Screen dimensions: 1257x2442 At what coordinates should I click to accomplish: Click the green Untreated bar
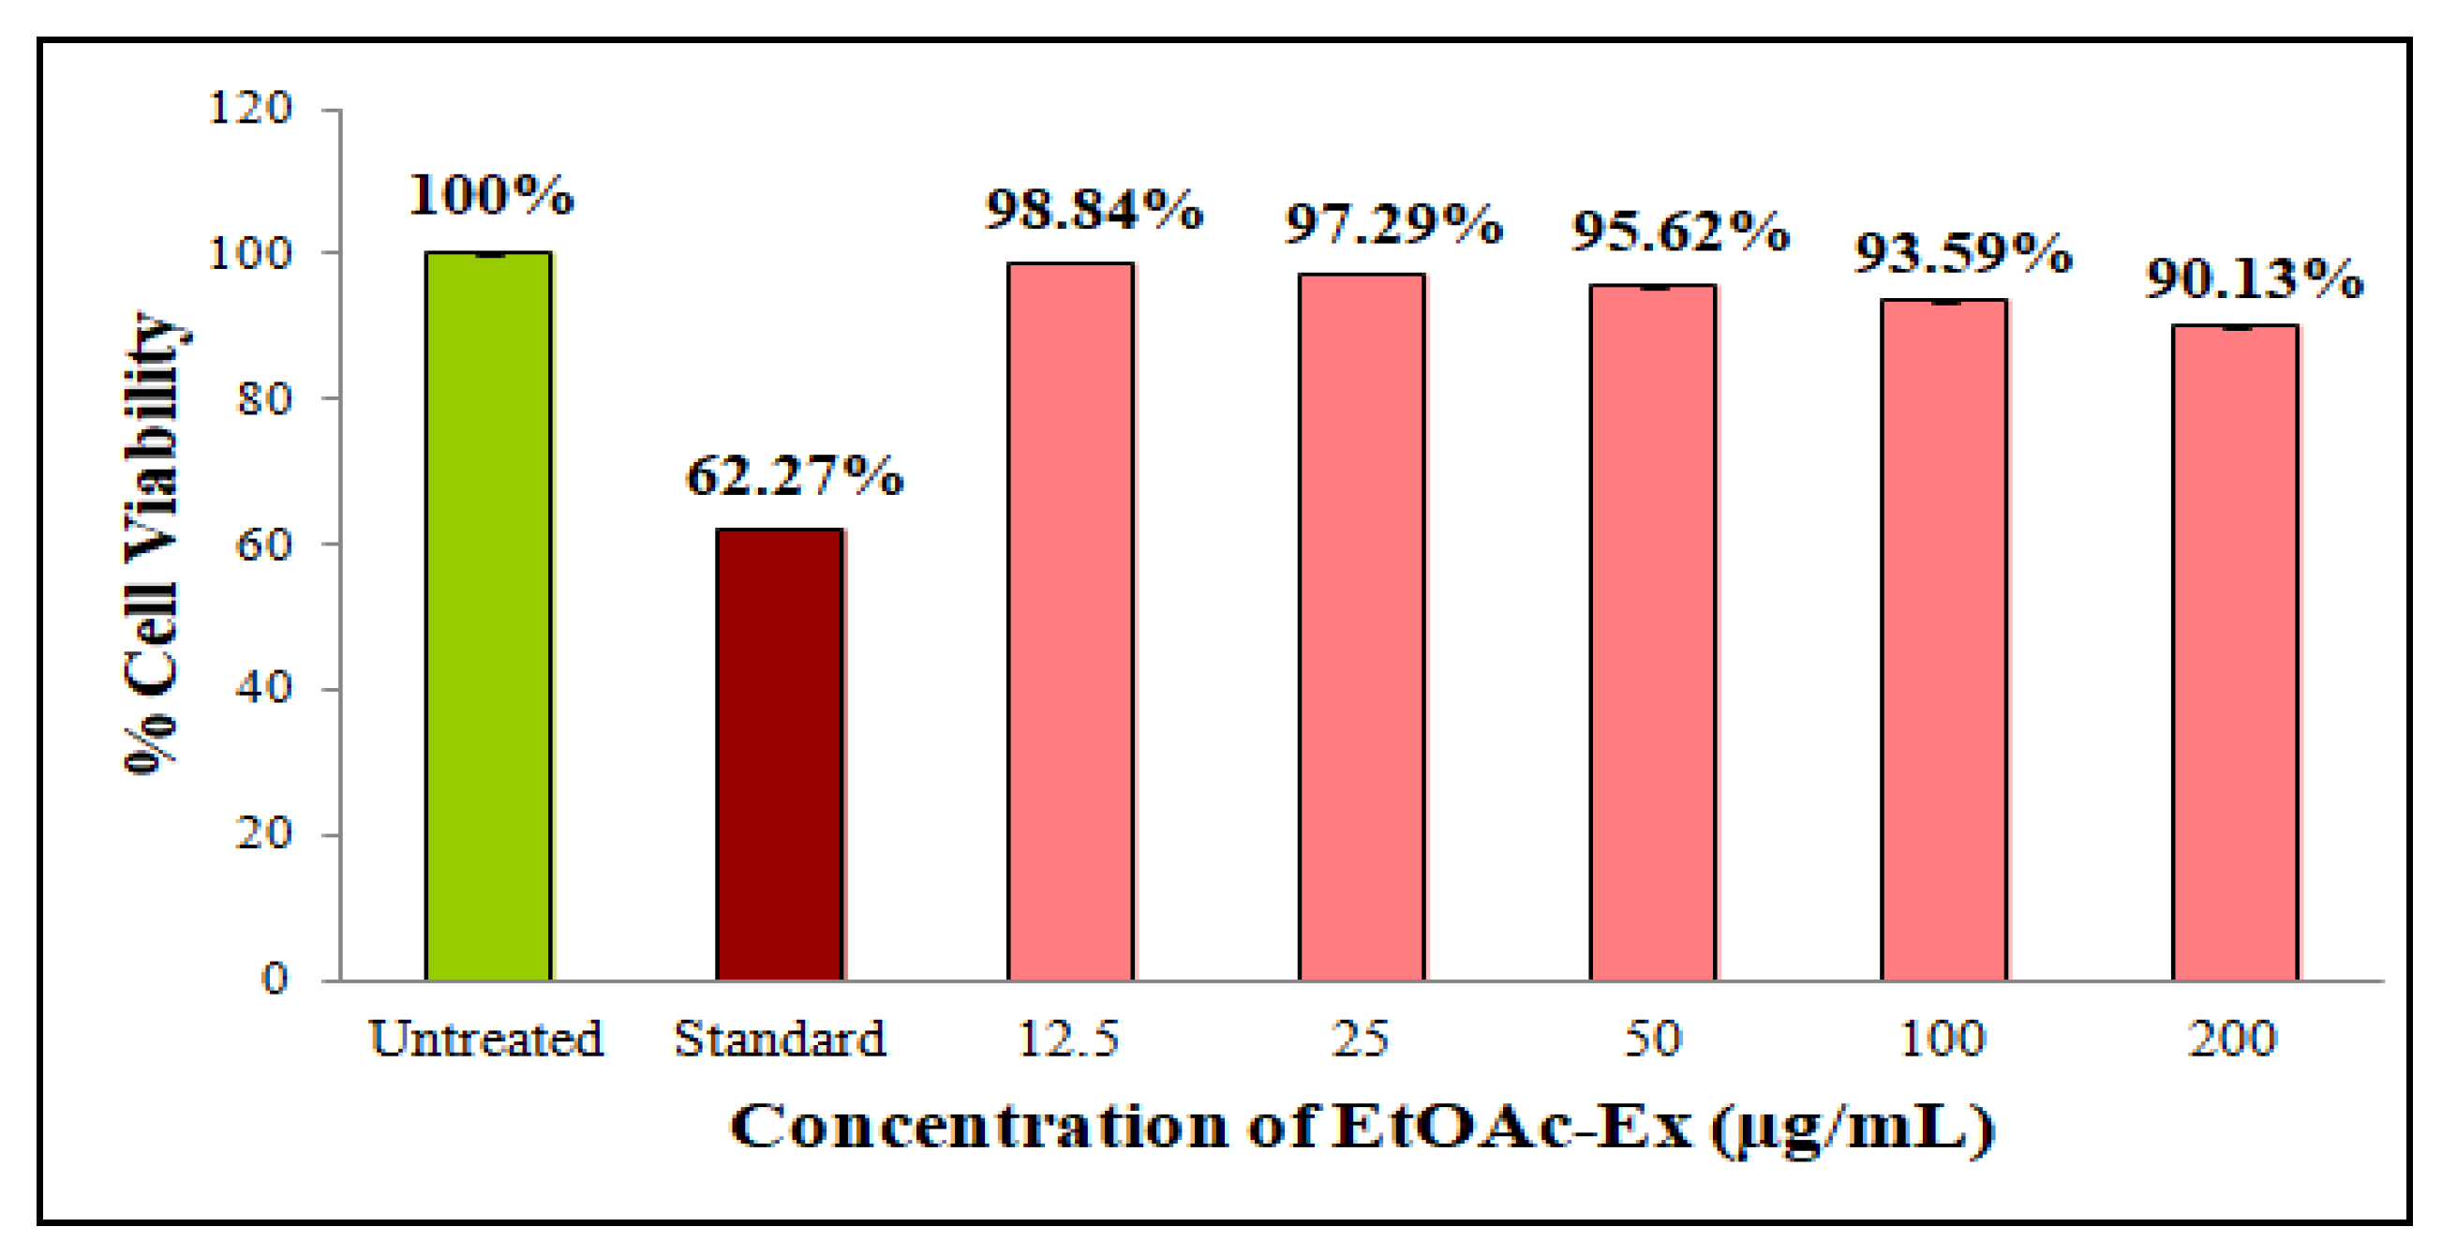pos(488,616)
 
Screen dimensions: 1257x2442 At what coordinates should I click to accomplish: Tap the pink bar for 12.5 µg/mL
pos(1070,621)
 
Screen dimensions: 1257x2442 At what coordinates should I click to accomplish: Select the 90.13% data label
pos(2255,278)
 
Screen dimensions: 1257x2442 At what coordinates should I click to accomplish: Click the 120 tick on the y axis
pos(250,108)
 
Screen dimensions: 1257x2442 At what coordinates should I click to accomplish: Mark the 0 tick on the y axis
pos(275,979)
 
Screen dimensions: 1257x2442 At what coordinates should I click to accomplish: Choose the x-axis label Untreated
pos(486,1038)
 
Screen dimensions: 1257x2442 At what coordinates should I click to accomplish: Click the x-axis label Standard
pos(780,1038)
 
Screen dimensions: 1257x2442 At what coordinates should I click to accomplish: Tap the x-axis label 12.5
pos(1068,1038)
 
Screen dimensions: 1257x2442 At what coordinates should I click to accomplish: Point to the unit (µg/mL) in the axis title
pos(1854,1128)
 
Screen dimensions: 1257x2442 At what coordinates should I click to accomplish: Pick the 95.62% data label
pos(1680,232)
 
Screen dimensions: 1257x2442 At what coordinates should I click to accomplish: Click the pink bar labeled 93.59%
pos(1943,640)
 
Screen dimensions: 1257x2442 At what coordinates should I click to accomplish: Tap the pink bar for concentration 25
pos(1362,626)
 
